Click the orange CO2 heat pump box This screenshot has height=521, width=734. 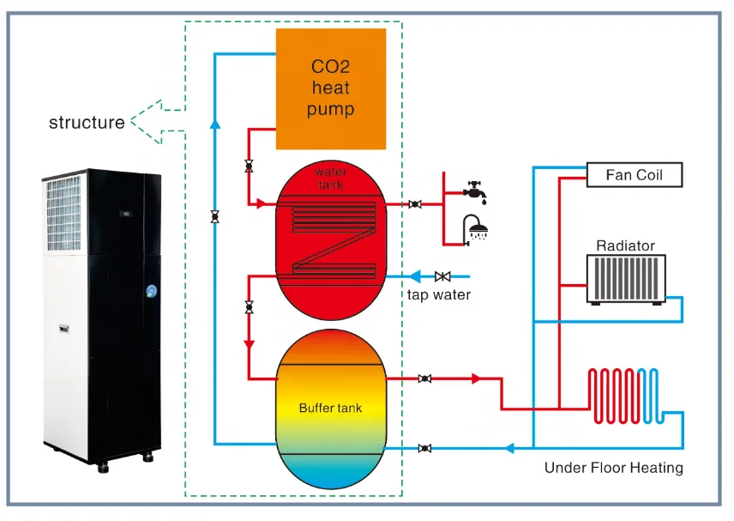(330, 88)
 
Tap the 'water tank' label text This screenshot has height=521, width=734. (330, 179)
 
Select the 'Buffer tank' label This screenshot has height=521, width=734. (330, 408)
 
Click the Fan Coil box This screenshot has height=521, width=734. (635, 175)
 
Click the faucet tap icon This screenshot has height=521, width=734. (474, 189)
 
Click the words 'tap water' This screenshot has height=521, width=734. (439, 295)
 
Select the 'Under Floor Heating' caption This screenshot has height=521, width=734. (613, 468)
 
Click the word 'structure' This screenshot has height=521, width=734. (87, 122)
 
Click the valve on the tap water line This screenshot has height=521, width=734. (442, 276)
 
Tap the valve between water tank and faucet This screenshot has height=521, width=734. (415, 204)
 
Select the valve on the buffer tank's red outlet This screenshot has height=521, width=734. (424, 379)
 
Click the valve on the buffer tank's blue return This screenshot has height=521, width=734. (424, 448)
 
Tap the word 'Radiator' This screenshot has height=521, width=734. (625, 245)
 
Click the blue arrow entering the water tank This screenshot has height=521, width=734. (416, 276)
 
